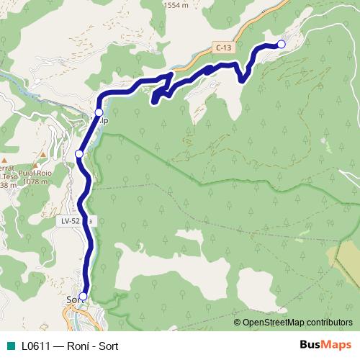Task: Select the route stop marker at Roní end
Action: click(281, 45)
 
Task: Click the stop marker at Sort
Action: click(83, 296)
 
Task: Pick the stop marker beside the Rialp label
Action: click(99, 112)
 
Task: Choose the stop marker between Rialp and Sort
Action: click(79, 153)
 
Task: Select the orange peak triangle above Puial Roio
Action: click(35, 166)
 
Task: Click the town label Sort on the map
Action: click(71, 300)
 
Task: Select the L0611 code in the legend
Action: click(36, 345)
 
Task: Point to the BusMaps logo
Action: click(325, 344)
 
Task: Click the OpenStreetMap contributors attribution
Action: click(297, 323)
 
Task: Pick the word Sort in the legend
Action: click(107, 345)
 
